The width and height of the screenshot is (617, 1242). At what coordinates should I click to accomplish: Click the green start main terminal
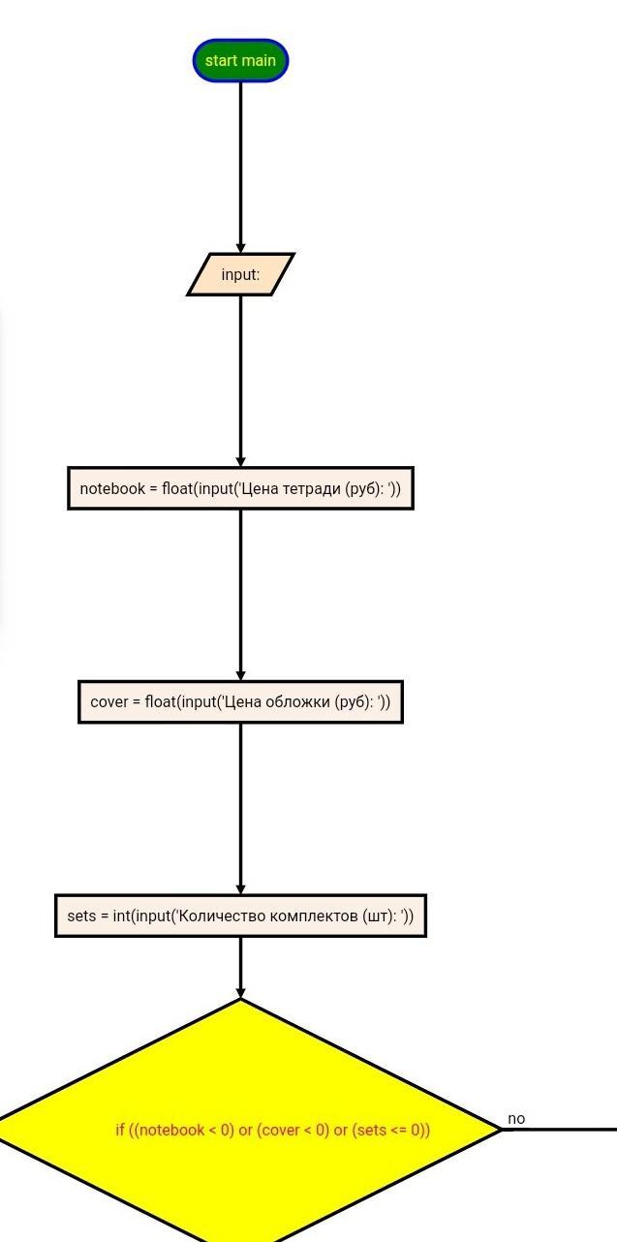pyautogui.click(x=240, y=60)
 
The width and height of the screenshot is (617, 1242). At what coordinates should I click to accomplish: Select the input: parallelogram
pyautogui.click(x=240, y=274)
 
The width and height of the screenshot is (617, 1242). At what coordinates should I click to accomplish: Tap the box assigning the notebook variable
pyautogui.click(x=240, y=488)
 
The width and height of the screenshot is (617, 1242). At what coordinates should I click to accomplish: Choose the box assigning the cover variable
pyautogui.click(x=240, y=702)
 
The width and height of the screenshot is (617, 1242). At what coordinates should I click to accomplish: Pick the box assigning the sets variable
pyautogui.click(x=240, y=916)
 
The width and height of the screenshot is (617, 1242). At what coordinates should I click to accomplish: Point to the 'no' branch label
pyautogui.click(x=516, y=1119)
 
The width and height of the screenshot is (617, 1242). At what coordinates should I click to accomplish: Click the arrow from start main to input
pyautogui.click(x=240, y=168)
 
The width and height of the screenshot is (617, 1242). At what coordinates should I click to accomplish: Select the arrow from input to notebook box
pyautogui.click(x=240, y=382)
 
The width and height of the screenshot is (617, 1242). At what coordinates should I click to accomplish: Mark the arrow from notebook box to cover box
pyautogui.click(x=240, y=595)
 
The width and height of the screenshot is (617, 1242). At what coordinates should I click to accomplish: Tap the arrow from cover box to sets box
pyautogui.click(x=240, y=809)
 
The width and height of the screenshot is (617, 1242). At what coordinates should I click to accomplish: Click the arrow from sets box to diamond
pyautogui.click(x=240, y=968)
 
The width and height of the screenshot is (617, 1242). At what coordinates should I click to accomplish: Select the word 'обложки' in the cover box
pyautogui.click(x=298, y=702)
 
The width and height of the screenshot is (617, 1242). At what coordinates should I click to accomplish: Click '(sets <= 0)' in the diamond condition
pyautogui.click(x=390, y=1130)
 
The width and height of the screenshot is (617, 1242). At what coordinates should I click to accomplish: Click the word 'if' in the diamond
pyautogui.click(x=119, y=1130)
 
